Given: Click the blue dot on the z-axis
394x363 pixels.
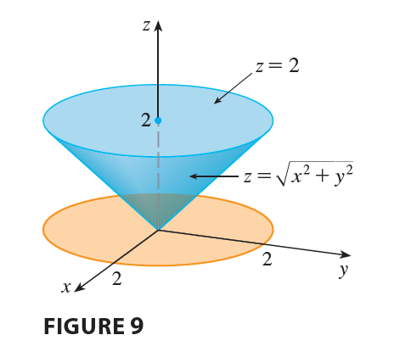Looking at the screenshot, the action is coord(158,120).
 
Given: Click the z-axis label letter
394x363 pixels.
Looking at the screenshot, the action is coord(146,25).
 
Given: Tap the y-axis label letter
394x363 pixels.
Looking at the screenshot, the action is coord(343,271).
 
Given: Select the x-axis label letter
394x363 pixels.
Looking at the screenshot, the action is coord(66,288).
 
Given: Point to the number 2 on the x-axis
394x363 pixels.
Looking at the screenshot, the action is coord(116,279).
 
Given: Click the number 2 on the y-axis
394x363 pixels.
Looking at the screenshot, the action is coord(267,260).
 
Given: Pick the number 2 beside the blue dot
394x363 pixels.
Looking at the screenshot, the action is coord(146,120).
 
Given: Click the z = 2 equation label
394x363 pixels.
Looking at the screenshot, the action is coord(277,66).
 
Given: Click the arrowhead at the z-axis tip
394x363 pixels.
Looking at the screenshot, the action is coord(158,25).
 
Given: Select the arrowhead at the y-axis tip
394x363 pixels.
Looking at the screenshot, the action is coord(346,254).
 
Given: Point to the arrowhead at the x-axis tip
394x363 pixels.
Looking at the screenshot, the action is coord(80,287).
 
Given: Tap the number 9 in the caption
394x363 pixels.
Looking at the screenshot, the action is coord(137,326).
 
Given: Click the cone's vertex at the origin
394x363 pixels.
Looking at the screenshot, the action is coord(158,230).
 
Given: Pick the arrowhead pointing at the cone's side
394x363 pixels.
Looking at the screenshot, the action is coord(194,176).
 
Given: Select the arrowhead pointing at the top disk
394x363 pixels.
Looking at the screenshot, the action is coord(218,101).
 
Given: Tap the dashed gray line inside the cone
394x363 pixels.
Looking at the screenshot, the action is coord(158,176).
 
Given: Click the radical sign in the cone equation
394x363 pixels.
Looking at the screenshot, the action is coord(282,174).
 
